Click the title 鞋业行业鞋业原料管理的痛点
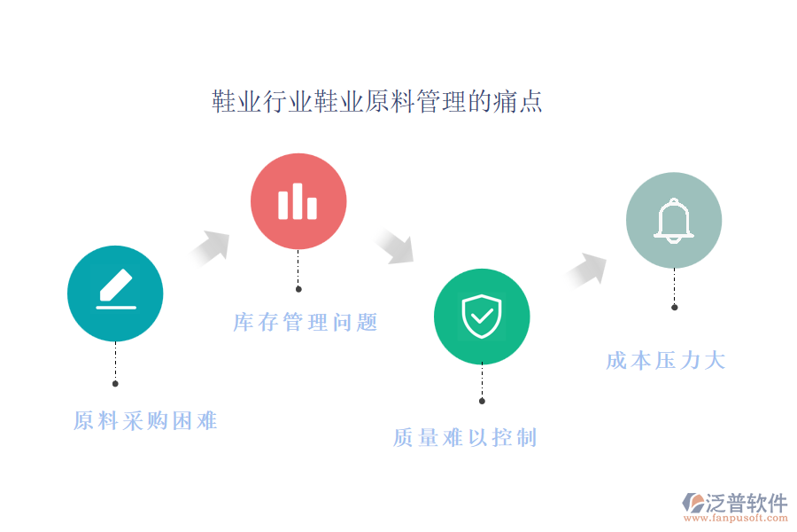[376, 101]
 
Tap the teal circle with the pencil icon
[115, 293]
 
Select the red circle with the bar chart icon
[298, 201]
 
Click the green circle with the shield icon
[482, 317]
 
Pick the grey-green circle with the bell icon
[674, 220]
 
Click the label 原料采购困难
[145, 421]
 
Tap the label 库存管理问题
[305, 322]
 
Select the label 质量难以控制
[465, 438]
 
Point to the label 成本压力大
[666, 361]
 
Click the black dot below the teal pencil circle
[115, 384]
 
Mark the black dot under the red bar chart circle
[298, 289]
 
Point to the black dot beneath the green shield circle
[482, 401]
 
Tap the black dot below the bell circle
[675, 308]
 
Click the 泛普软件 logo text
[747, 503]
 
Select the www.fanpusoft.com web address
[736, 518]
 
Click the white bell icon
[674, 221]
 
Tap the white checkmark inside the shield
[482, 317]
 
